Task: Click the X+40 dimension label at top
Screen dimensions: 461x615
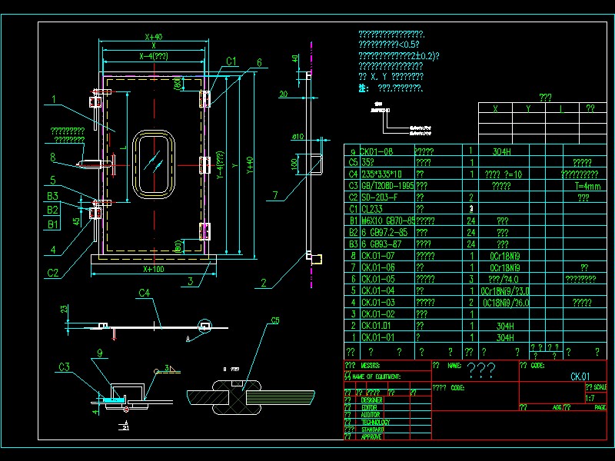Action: tap(153, 36)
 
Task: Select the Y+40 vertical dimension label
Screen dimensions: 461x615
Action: tap(249, 165)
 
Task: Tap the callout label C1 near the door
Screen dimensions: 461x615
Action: tap(231, 61)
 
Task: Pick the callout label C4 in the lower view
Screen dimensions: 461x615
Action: tap(145, 293)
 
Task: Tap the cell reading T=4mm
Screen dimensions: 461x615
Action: tap(587, 186)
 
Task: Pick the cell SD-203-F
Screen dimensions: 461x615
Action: tap(378, 197)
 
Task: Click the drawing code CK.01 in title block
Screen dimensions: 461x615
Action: tap(580, 376)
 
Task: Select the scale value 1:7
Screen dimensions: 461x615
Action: tap(590, 398)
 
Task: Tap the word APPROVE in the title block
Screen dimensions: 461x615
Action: tap(372, 436)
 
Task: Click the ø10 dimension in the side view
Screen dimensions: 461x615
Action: tap(299, 138)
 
